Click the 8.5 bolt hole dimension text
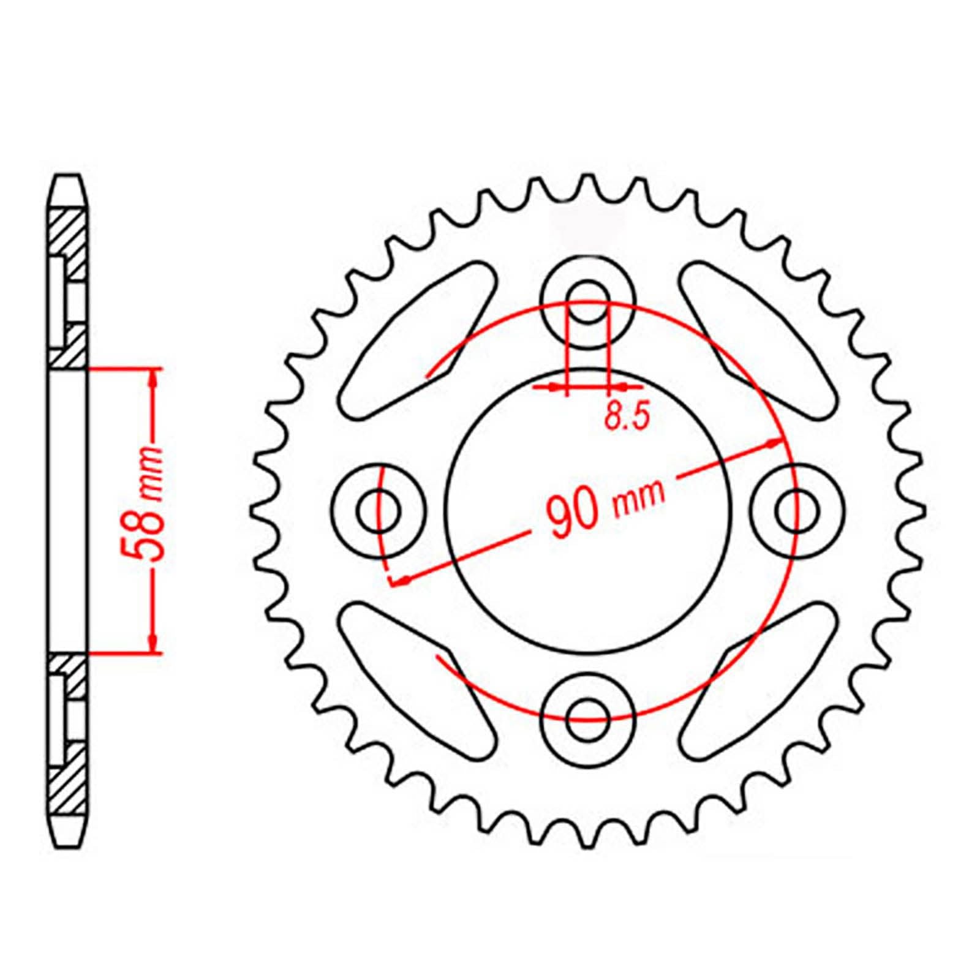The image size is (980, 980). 625,417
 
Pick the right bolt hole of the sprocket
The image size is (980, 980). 796,510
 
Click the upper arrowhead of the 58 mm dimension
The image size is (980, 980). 153,377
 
